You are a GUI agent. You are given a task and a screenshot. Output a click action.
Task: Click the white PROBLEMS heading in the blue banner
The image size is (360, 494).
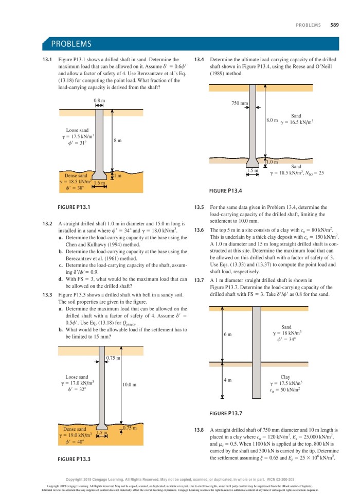click(71, 44)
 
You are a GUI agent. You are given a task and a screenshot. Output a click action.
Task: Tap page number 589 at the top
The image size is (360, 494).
click(334, 24)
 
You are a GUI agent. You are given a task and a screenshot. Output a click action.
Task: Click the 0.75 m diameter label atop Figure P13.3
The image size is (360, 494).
click(113, 358)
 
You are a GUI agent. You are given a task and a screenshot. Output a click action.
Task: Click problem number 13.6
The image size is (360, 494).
click(200, 229)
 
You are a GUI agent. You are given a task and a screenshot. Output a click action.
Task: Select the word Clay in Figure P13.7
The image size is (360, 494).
click(286, 377)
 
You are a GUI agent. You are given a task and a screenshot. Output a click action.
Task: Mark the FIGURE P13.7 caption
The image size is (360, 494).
click(226, 413)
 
